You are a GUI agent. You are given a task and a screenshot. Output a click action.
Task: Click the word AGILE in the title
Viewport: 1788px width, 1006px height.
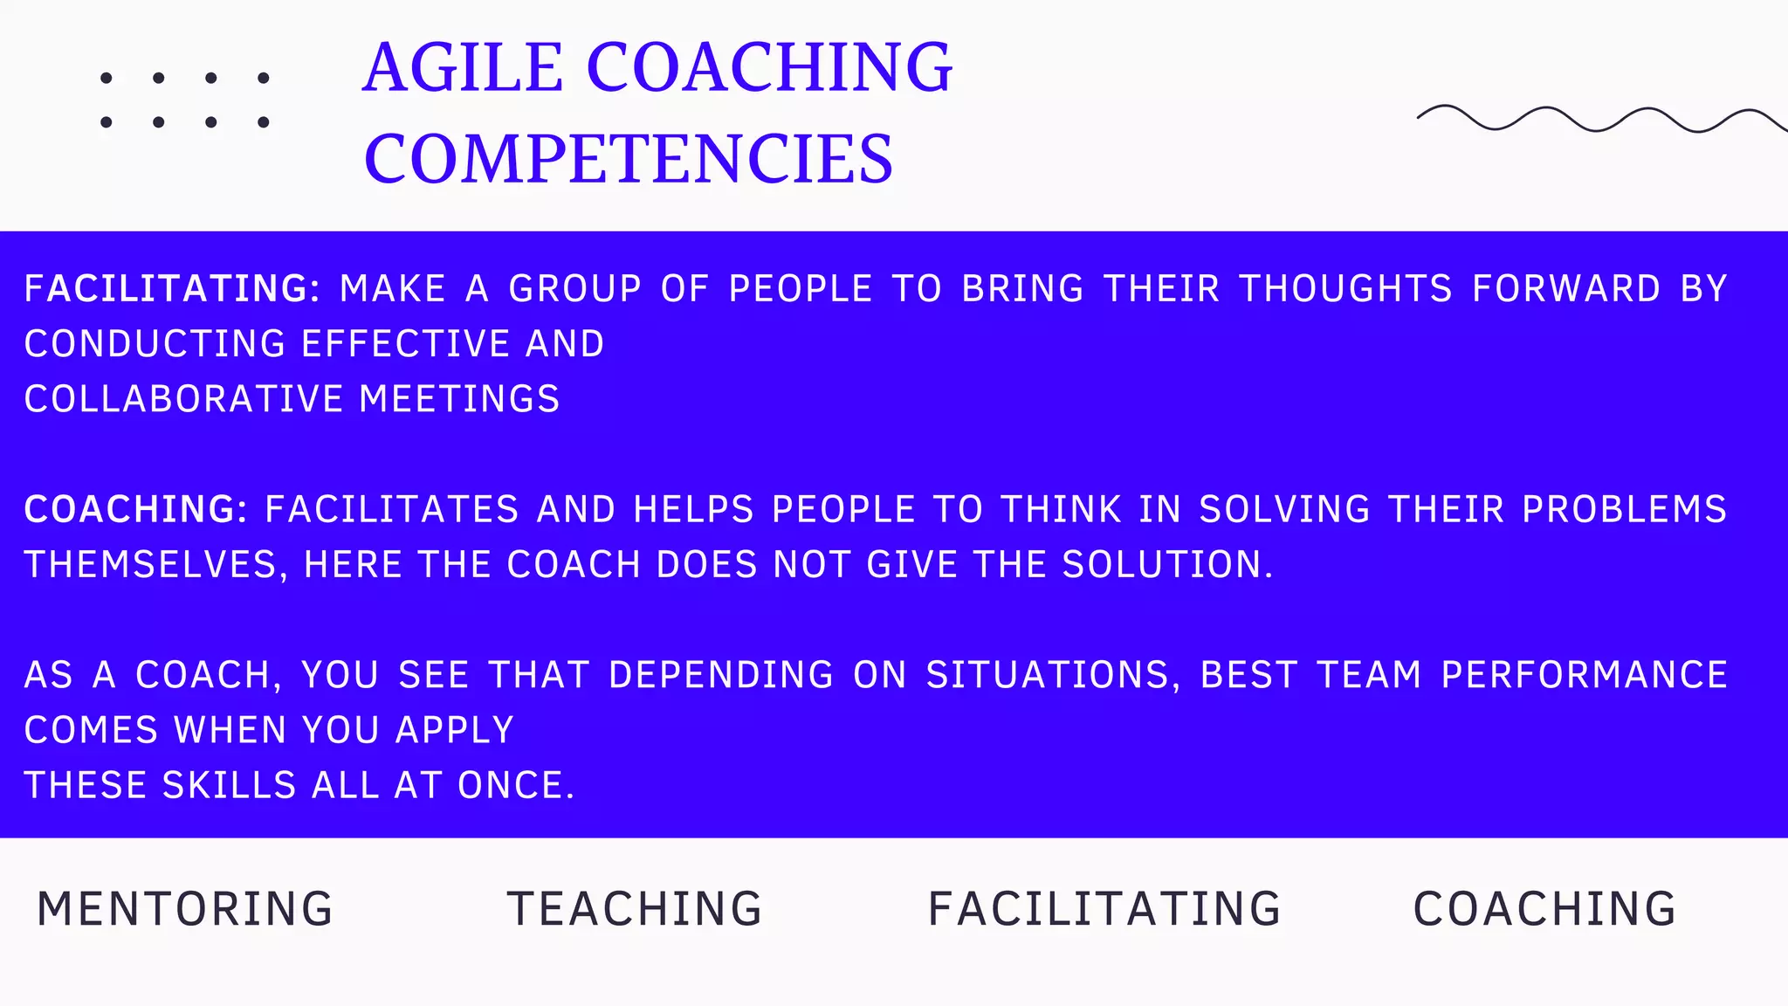(463, 68)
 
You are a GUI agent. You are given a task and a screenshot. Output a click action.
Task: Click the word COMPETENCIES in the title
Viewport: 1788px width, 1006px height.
(629, 159)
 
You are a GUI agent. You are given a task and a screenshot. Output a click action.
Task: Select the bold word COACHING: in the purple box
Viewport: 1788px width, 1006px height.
(136, 510)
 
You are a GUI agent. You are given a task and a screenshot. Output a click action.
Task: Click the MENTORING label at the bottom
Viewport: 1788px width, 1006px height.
(185, 909)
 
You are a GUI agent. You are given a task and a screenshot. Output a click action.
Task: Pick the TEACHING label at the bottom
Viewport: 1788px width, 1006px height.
(635, 909)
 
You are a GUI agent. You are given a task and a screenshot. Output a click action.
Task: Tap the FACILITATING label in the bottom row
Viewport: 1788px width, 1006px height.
(1104, 909)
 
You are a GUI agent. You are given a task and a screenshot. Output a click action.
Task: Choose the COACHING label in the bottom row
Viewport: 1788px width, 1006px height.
(1544, 909)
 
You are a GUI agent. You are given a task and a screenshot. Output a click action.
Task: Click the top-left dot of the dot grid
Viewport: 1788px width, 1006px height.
(107, 78)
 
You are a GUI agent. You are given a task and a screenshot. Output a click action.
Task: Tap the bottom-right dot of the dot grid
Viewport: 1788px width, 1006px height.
(263, 122)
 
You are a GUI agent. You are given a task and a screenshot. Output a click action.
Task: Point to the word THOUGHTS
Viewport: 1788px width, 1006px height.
(1345, 289)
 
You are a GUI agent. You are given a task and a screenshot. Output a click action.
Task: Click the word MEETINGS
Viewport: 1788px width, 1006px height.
(459, 400)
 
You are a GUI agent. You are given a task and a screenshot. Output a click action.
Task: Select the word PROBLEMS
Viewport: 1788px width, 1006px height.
(1624, 510)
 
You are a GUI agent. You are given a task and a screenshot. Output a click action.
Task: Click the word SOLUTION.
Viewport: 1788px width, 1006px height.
(1167, 565)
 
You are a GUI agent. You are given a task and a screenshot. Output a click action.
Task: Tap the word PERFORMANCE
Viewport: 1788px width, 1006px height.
(1584, 675)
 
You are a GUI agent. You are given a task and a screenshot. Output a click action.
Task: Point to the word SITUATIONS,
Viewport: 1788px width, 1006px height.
(1053, 675)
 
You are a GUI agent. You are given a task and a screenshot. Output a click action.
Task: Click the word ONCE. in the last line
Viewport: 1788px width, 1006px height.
(516, 786)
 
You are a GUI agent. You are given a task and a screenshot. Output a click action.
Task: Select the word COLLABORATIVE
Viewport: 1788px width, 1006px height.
(184, 400)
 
